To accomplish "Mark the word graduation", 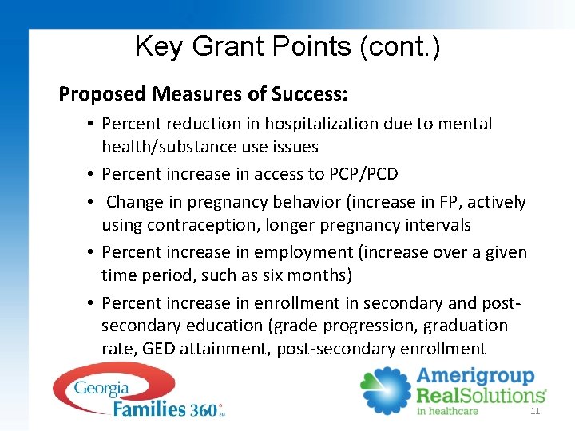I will [x=466, y=326].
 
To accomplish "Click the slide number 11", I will [x=535, y=411].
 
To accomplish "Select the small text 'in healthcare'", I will [x=447, y=411].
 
